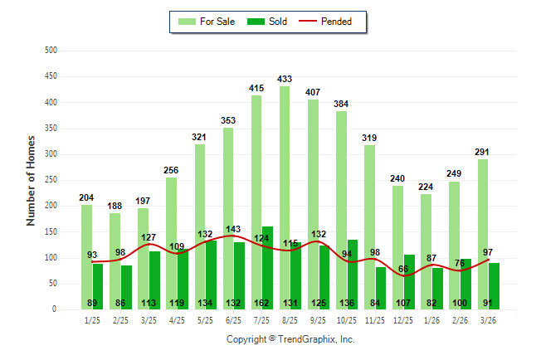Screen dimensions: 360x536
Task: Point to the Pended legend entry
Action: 337,22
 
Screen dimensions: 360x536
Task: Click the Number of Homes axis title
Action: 31,180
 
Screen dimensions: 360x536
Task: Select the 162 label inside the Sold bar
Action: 267,303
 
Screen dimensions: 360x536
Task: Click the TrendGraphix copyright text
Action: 290,339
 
